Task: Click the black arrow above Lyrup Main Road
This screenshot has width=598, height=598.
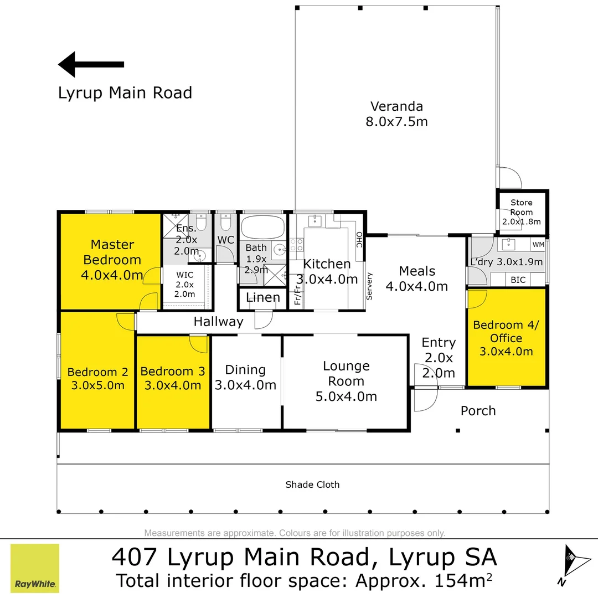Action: click(x=91, y=64)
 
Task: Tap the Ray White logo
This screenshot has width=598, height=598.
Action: click(x=35, y=568)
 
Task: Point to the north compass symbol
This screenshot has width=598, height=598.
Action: click(x=574, y=565)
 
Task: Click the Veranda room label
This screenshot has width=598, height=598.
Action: click(x=396, y=106)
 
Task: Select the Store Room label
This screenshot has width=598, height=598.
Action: click(x=522, y=207)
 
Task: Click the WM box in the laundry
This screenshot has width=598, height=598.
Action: click(x=538, y=245)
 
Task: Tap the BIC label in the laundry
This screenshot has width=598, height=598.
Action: click(x=518, y=280)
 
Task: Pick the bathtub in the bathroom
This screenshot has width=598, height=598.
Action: click(x=263, y=228)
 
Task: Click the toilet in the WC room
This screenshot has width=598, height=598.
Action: click(x=226, y=223)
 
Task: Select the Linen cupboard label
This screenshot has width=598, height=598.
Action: click(x=263, y=297)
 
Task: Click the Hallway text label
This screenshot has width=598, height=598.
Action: click(x=219, y=322)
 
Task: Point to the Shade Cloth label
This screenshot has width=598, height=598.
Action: click(x=312, y=484)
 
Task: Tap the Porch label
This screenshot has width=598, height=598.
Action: click(x=478, y=411)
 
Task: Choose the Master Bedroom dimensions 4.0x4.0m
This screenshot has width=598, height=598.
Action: click(x=112, y=275)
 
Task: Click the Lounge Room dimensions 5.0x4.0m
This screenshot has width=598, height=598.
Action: click(x=346, y=396)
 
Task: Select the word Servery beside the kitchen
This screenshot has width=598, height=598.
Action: click(x=369, y=286)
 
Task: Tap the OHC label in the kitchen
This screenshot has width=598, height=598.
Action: click(x=359, y=240)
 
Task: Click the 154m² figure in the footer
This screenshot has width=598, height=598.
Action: click(x=463, y=580)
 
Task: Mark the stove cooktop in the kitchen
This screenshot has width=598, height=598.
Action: click(x=297, y=245)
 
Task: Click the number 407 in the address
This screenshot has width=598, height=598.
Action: click(x=134, y=557)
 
